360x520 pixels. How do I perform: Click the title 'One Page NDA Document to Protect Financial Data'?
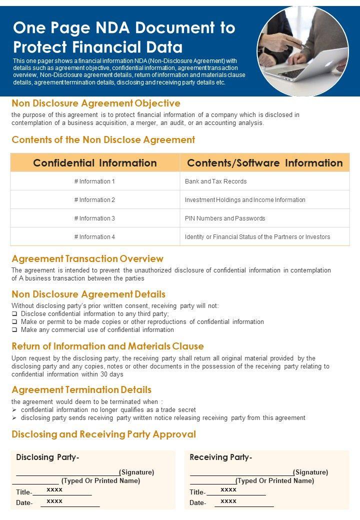click(124, 37)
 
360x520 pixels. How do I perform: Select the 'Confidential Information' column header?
click(95, 163)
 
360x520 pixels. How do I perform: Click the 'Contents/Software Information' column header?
click(264, 163)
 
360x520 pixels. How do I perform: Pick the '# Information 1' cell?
click(94, 181)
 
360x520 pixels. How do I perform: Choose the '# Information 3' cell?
click(94, 218)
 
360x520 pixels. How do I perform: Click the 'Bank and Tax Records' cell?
click(215, 181)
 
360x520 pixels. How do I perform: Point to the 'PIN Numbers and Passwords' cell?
click(225, 218)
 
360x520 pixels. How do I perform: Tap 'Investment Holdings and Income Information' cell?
click(245, 200)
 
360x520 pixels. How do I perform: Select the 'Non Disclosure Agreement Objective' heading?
click(96, 103)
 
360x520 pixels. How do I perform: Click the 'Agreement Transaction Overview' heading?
click(87, 259)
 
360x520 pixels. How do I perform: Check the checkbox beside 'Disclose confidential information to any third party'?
click(14, 314)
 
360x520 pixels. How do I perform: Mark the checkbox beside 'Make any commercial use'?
click(14, 330)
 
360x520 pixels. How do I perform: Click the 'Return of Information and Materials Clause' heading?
click(107, 346)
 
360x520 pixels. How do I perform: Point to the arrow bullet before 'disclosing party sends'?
click(14, 418)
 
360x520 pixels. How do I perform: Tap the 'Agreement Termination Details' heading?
click(81, 390)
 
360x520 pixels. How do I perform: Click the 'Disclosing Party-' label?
click(47, 457)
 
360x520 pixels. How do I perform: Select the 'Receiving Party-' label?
click(221, 457)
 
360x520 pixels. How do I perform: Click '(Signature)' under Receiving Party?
click(310, 472)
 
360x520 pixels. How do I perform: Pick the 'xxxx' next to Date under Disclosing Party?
click(54, 501)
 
